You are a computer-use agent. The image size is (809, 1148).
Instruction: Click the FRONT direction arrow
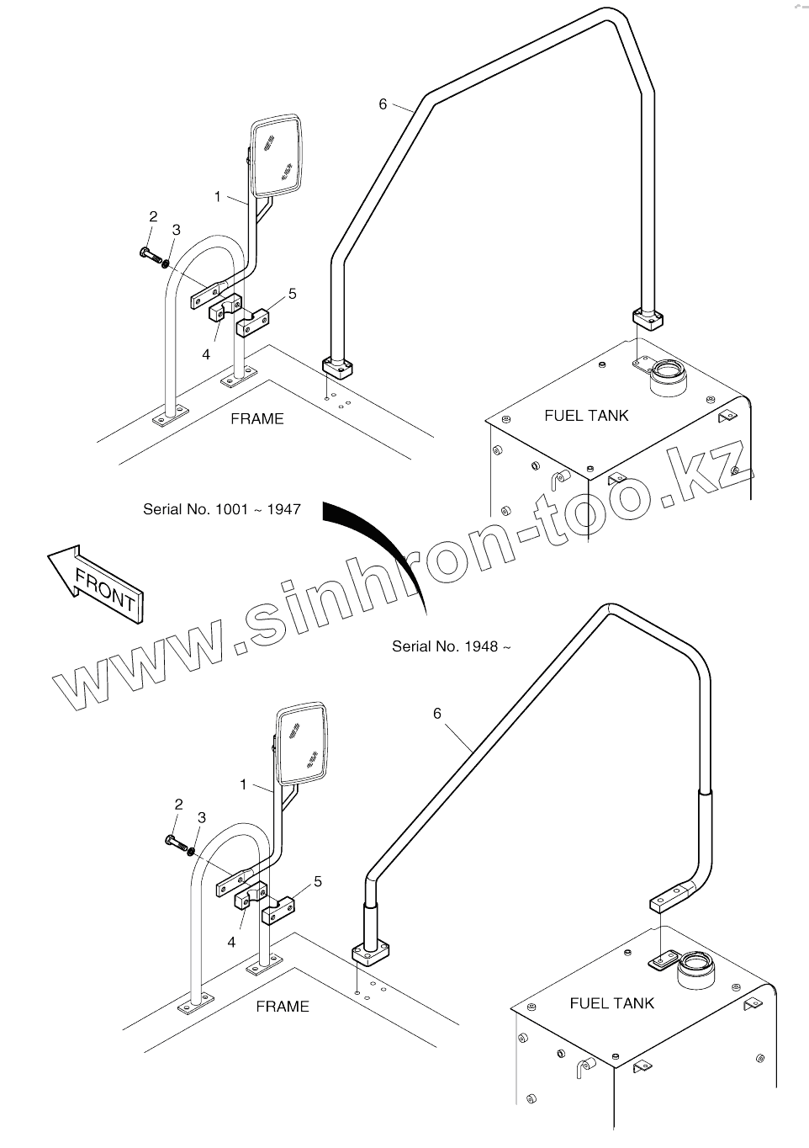click(94, 583)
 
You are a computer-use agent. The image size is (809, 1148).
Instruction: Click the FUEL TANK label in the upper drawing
click(586, 416)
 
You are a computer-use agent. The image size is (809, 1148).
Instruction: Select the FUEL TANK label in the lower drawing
click(611, 1003)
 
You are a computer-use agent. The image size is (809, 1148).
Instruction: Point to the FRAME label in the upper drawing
click(256, 419)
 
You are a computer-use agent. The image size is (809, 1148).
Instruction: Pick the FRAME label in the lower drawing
click(282, 1007)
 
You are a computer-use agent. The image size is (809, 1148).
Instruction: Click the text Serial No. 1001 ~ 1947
click(221, 509)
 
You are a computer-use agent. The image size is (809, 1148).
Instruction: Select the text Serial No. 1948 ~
click(452, 646)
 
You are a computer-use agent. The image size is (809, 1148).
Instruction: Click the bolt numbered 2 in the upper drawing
click(146, 252)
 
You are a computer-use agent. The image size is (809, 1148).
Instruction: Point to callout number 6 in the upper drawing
click(383, 104)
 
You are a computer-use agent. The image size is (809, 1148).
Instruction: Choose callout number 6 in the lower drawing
click(437, 714)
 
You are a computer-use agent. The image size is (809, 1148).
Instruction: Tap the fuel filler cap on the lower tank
click(695, 961)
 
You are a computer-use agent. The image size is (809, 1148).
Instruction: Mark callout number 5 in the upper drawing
click(292, 294)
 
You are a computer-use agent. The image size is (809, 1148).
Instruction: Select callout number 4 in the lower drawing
click(231, 943)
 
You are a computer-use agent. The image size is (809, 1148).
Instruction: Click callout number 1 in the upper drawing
click(218, 196)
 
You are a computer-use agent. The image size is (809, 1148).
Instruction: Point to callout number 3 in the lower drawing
click(201, 817)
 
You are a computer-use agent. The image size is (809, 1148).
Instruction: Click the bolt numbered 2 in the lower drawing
click(172, 841)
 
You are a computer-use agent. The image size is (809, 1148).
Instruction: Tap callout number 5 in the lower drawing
click(318, 881)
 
